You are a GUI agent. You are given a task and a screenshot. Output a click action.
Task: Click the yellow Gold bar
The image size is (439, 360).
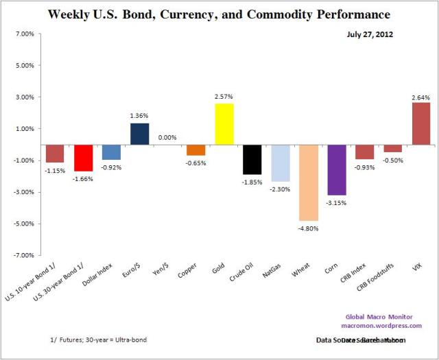224,124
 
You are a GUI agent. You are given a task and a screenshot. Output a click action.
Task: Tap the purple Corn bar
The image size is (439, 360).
336,170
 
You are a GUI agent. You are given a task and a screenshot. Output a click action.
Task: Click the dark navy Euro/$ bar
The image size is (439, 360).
139,134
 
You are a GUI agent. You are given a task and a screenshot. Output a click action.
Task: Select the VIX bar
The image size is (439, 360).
420,123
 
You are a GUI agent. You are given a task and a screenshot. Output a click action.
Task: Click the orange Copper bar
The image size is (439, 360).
196,150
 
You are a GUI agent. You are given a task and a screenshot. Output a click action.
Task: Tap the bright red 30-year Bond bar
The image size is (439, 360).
84,158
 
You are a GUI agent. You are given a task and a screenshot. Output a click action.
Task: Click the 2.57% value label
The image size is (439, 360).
224,97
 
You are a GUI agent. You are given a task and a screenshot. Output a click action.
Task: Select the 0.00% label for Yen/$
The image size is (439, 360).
168,137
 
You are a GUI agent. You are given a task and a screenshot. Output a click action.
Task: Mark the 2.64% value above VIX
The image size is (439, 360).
420,96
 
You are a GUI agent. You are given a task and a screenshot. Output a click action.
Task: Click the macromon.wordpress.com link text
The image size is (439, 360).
388,326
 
